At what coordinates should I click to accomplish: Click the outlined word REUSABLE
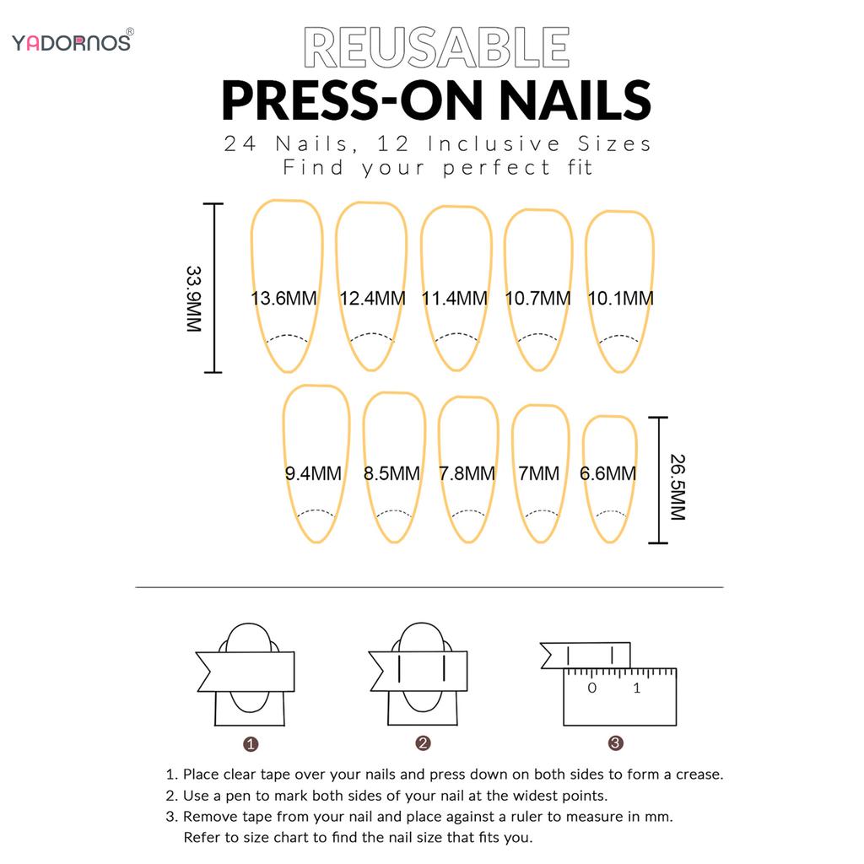(435, 48)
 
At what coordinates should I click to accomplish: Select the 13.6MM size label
(284, 298)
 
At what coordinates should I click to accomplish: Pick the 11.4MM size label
(455, 298)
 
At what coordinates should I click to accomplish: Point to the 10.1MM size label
(620, 298)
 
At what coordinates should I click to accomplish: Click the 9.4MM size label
(313, 473)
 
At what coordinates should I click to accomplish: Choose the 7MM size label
(538, 473)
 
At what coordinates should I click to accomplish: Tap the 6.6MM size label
(607, 473)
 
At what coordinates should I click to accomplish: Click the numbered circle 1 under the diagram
(251, 744)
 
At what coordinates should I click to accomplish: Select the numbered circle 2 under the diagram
(424, 743)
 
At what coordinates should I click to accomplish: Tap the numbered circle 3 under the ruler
(616, 743)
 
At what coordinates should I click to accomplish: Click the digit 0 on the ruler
(592, 688)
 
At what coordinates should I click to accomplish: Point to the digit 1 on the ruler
(636, 688)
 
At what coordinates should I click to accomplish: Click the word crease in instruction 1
(699, 774)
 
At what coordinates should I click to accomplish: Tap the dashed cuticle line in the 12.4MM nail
(371, 335)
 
